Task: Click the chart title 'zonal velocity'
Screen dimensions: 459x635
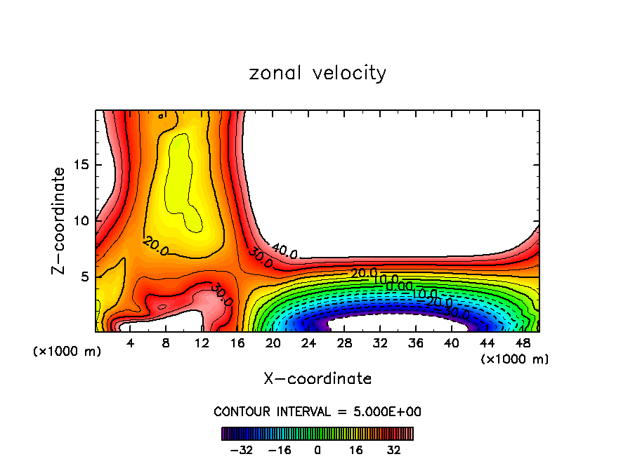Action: coord(317,73)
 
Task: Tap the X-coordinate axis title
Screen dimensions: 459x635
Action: coord(317,379)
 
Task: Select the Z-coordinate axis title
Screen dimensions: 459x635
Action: coord(60,220)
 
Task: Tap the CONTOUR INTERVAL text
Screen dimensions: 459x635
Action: coord(317,411)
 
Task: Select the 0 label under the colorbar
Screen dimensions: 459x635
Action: coord(317,450)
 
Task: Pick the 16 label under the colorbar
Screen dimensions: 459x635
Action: coord(355,450)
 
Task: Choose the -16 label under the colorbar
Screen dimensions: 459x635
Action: coord(280,450)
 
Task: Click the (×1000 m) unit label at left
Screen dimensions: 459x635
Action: coord(67,352)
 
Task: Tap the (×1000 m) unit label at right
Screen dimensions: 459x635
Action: coord(514,359)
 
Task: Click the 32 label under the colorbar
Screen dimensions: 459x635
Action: coord(393,450)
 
